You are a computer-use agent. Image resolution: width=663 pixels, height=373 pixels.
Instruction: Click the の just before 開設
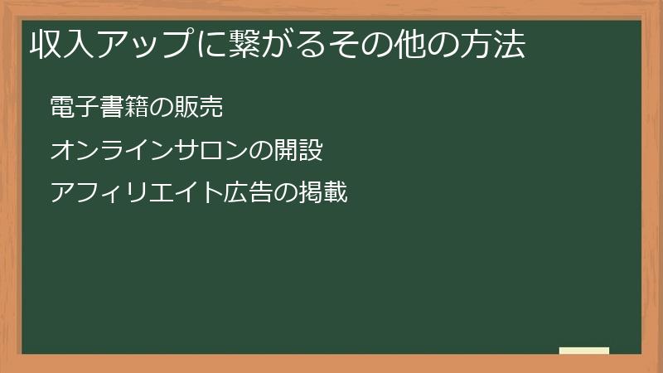pyautogui.click(x=260, y=151)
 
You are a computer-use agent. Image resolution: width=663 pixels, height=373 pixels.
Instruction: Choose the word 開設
pyautogui.click(x=298, y=151)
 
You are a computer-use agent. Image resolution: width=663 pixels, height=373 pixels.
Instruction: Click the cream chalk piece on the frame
pyautogui.click(x=584, y=351)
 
